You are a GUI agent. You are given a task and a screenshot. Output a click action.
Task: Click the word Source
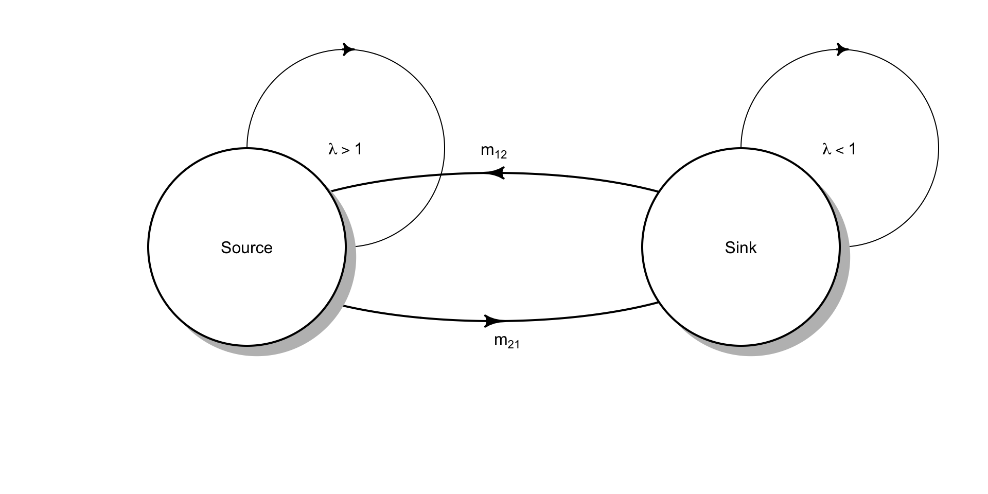click(246, 248)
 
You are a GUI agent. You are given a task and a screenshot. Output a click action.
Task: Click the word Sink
click(740, 248)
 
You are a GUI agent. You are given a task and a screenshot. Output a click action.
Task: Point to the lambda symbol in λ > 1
click(333, 149)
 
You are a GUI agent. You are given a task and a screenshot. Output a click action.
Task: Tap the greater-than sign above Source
click(346, 150)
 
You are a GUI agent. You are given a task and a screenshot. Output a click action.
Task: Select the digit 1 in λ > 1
click(358, 149)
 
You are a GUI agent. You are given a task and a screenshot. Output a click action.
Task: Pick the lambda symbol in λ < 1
click(827, 149)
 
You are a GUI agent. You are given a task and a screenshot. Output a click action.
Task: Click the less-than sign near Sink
click(840, 150)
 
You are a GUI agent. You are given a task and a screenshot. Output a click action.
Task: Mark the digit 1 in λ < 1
click(852, 149)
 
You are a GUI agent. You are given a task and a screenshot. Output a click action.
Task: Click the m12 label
click(494, 151)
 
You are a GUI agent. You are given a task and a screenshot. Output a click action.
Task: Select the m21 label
click(507, 341)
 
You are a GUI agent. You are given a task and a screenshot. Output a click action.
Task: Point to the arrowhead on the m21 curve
click(495, 321)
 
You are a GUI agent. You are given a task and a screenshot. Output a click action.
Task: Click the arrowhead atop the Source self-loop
click(349, 49)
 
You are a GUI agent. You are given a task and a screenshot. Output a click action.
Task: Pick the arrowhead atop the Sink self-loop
click(843, 49)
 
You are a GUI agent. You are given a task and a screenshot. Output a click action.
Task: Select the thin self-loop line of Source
click(445, 149)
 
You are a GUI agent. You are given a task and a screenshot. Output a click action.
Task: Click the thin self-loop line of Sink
click(939, 149)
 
